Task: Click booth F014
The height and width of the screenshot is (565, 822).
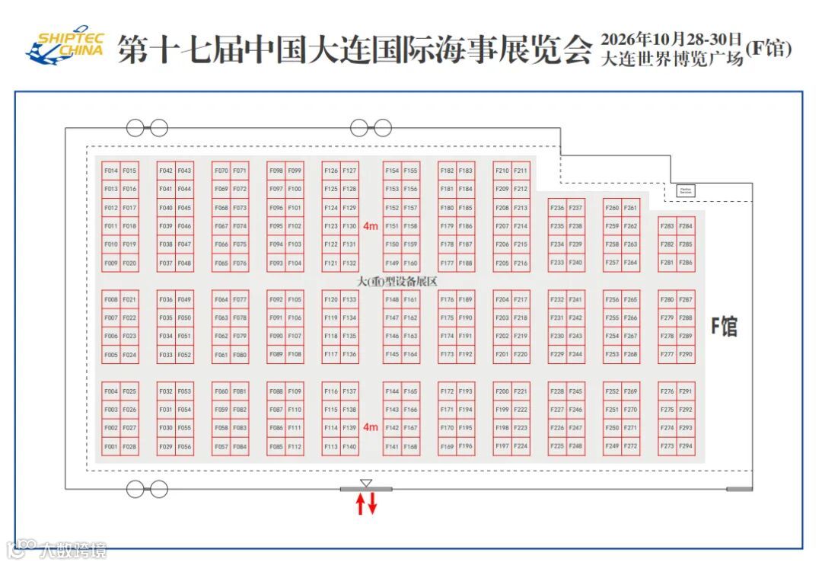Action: [111, 171]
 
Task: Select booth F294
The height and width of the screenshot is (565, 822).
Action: [687, 446]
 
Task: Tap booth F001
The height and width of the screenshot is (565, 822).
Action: [111, 446]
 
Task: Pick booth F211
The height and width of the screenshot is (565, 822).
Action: [521, 171]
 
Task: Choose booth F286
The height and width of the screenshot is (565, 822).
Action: [687, 263]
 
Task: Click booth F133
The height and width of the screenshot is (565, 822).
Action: [349, 300]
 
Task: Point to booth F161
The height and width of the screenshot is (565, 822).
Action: [411, 300]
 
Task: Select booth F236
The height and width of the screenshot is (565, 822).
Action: [557, 208]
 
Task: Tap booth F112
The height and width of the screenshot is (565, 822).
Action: [295, 446]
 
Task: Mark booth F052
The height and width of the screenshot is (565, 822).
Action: [185, 355]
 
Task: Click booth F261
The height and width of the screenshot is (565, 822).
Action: [631, 208]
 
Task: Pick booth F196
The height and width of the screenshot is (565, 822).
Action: [466, 446]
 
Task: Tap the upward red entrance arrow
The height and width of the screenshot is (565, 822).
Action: [361, 504]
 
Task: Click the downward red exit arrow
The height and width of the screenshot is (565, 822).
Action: [372, 504]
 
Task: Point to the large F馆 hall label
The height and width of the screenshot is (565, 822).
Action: [724, 327]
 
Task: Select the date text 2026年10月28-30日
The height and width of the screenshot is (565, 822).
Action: [671, 39]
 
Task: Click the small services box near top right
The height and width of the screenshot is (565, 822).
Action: [686, 190]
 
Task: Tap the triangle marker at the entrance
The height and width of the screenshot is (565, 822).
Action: [366, 484]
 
